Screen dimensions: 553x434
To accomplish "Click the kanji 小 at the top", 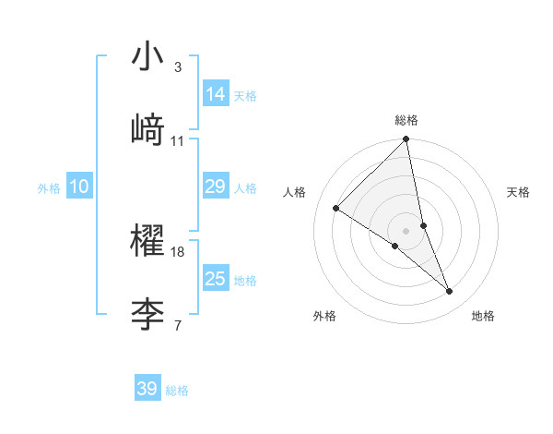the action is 147,58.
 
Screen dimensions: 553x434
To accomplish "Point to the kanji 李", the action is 147,313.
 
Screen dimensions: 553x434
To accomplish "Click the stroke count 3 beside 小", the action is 177,67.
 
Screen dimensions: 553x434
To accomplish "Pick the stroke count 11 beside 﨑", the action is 178,140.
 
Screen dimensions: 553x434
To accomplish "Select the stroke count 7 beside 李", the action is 177,325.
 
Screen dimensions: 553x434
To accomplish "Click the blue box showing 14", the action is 216,94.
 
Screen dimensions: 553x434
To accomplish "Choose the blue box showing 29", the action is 216,187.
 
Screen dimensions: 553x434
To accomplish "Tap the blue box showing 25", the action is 216,279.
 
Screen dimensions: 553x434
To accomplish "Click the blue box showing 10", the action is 79,187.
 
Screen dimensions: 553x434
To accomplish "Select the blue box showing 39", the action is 147,389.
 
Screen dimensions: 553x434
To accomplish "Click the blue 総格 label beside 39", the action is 177,391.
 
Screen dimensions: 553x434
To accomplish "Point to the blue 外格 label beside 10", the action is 49,188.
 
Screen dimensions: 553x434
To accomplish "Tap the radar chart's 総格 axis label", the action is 406,120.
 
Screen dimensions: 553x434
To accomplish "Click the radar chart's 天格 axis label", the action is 519,192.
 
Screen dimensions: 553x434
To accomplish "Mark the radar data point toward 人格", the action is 336,208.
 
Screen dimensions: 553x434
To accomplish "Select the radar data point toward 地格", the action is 450,292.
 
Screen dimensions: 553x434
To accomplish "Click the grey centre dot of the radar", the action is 406,230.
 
